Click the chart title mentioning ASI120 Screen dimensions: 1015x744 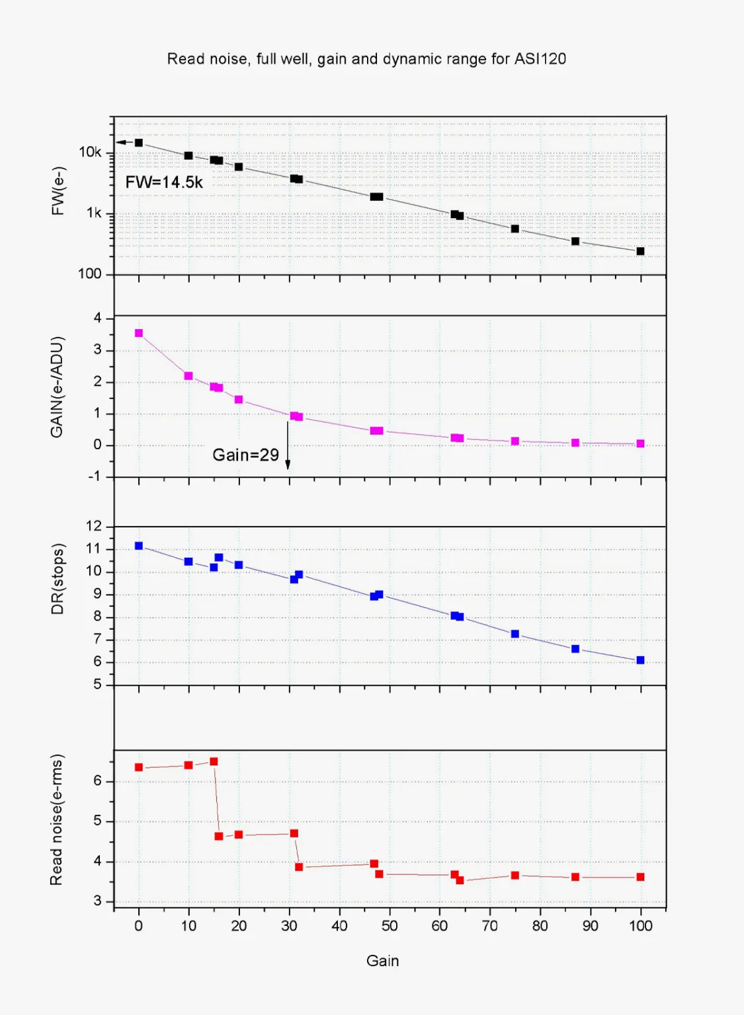[x=366, y=59]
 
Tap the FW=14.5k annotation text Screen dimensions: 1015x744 [x=164, y=182]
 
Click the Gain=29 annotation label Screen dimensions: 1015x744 [x=245, y=455]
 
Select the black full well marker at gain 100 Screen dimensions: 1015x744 [x=640, y=251]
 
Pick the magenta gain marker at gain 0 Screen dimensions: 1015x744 [x=138, y=333]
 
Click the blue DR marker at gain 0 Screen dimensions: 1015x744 [x=138, y=546]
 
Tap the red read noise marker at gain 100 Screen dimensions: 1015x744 [x=640, y=877]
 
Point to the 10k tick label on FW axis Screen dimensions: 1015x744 [x=90, y=152]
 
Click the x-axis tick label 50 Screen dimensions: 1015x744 [x=390, y=926]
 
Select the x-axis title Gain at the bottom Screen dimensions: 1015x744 [x=382, y=961]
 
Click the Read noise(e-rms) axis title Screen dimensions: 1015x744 [x=57, y=819]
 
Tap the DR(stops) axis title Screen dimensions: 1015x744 [x=58, y=579]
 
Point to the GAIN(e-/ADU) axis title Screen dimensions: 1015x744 [x=58, y=387]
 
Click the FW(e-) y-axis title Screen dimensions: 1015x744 [x=58, y=190]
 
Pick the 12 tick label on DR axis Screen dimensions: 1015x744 [x=94, y=527]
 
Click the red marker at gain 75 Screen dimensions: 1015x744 [x=515, y=875]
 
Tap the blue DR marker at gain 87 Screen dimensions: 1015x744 [x=575, y=649]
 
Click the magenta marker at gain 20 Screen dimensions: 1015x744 [x=239, y=400]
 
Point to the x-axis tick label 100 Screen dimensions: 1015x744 [x=640, y=926]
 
